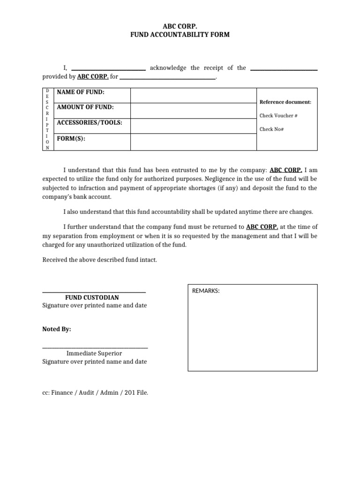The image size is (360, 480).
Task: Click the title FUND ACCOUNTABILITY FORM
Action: [180, 35]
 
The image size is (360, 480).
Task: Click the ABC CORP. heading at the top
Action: [180, 26]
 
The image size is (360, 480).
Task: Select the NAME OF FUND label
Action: [81, 92]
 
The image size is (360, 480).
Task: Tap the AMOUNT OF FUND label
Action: [85, 107]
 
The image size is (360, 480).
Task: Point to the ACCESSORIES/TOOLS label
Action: [90, 123]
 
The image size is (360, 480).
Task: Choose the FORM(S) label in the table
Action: [71, 139]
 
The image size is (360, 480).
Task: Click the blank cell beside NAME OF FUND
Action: [193, 95]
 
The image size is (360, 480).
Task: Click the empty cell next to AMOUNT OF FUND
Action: [193, 111]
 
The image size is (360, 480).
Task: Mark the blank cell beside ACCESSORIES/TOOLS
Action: [193, 126]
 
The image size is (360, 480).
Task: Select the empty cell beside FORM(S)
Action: [193, 142]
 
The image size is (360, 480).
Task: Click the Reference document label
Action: [285, 102]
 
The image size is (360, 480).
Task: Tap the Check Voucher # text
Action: [279, 115]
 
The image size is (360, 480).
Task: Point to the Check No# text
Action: [272, 129]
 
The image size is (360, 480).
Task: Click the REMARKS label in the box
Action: [206, 291]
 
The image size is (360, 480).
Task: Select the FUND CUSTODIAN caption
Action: [92, 298]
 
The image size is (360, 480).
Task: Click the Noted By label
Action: [57, 330]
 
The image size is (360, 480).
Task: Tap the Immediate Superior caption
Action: [94, 353]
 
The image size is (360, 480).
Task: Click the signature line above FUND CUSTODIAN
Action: [94, 292]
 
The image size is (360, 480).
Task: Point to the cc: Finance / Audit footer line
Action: [95, 393]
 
